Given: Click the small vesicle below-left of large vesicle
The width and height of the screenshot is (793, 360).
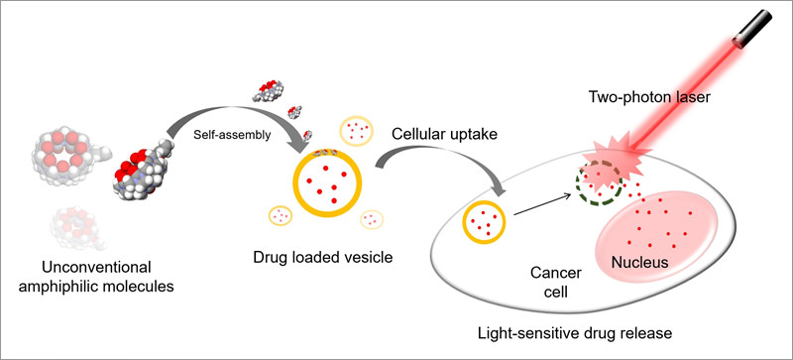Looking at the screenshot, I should [x=282, y=214].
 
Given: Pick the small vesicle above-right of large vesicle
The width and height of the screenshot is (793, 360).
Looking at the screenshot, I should [x=357, y=129].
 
